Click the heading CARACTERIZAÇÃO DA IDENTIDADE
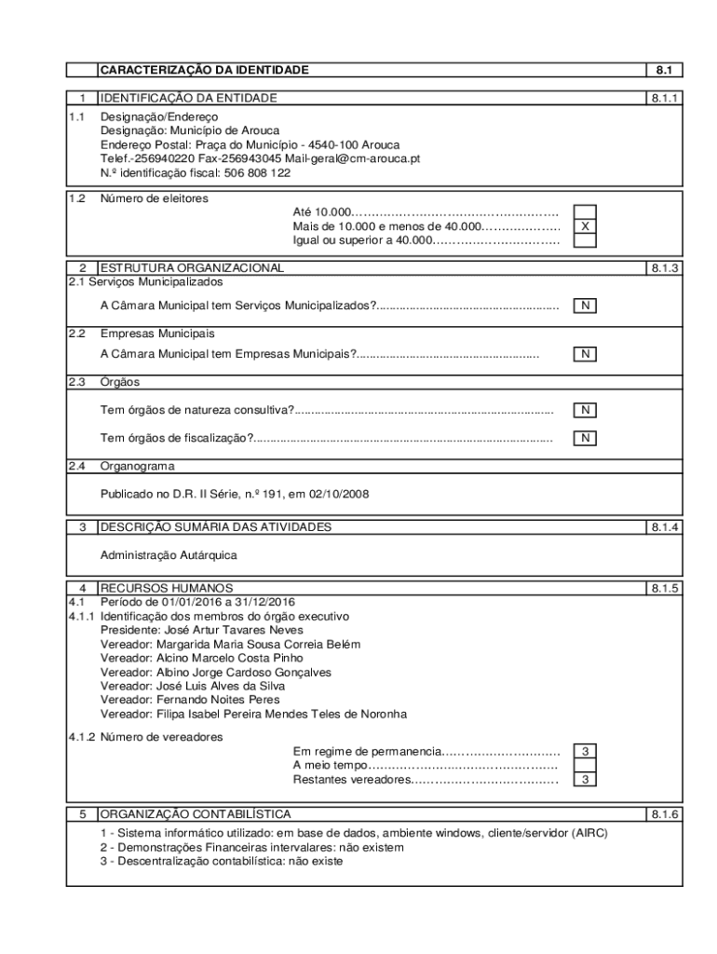point(204,70)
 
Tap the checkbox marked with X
point(585,226)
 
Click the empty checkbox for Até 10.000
point(585,212)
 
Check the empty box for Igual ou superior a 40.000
point(585,240)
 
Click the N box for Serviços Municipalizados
point(585,306)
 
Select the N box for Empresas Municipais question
point(585,354)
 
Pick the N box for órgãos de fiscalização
point(585,438)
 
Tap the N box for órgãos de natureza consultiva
point(585,410)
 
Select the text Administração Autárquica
point(169,555)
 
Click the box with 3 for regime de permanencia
point(585,752)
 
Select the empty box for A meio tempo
point(585,766)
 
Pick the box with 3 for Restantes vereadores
point(585,780)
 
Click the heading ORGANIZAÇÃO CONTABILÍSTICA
point(196,813)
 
